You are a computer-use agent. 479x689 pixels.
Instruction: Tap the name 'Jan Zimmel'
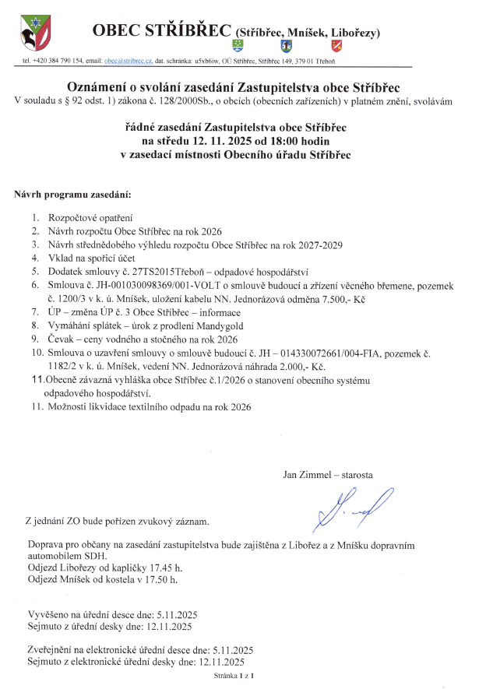(306, 473)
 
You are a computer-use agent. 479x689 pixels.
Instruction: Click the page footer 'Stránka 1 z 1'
(235, 677)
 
